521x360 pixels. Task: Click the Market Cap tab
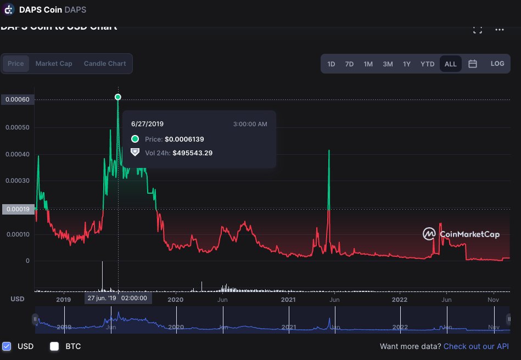click(54, 64)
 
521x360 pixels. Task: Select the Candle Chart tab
click(105, 64)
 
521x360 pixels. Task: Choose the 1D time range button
click(331, 64)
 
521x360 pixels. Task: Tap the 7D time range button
click(349, 64)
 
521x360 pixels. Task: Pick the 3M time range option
click(388, 64)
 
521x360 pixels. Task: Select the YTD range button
click(427, 64)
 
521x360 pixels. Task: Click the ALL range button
click(450, 64)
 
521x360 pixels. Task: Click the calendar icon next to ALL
click(472, 64)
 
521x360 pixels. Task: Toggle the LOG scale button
click(497, 64)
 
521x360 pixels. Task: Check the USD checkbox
click(7, 346)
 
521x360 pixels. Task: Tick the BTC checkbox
click(54, 346)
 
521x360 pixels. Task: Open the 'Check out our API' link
click(476, 346)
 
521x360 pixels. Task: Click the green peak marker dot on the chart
click(117, 97)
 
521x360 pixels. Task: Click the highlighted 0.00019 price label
click(18, 209)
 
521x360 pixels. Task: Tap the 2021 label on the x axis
click(288, 300)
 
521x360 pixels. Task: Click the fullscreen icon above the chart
click(477, 30)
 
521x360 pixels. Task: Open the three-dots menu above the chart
click(499, 30)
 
